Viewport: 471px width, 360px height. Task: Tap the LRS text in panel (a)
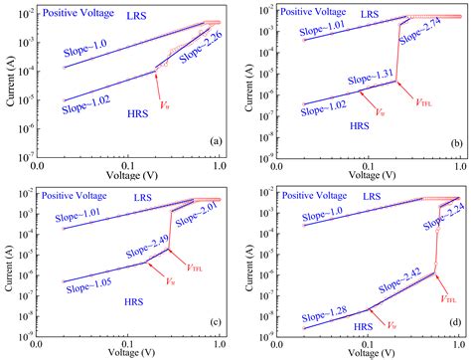(109, 17)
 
